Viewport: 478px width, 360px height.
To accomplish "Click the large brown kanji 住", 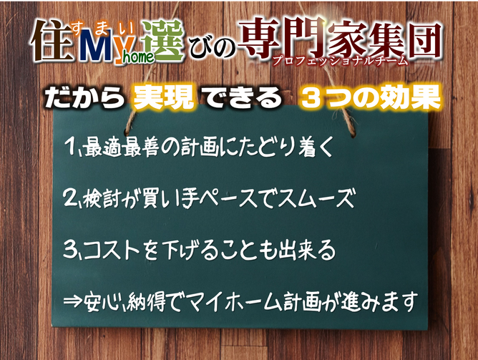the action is click(x=52, y=41).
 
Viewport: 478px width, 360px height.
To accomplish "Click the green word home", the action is click(x=139, y=57).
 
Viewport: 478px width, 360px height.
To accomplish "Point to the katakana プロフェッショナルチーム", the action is click(x=340, y=61).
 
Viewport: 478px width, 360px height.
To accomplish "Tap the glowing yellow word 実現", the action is click(x=164, y=98).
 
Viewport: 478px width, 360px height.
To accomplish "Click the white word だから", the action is click(x=84, y=98).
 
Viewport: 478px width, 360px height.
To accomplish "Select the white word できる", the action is click(x=243, y=98).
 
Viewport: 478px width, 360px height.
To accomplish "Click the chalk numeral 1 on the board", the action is click(x=71, y=146).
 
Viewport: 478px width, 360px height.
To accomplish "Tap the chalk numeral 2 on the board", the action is click(x=70, y=198).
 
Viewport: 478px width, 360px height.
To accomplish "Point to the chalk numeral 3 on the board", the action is click(x=70, y=249).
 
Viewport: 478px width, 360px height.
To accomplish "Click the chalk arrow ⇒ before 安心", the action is click(x=73, y=301).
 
